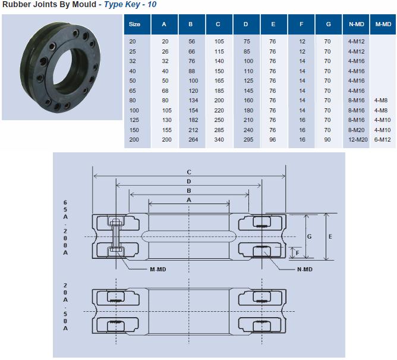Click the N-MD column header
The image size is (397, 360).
click(356, 24)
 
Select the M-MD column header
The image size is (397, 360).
click(383, 24)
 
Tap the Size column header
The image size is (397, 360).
click(134, 24)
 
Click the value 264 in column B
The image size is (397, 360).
click(193, 140)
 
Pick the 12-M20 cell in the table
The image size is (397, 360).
click(358, 140)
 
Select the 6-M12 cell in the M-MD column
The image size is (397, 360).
click(383, 140)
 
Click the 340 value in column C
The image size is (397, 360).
click(219, 140)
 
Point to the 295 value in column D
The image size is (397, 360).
click(248, 140)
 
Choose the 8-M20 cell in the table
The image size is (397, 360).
click(356, 130)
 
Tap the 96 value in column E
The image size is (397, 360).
click(272, 140)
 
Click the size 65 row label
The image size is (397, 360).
click(133, 91)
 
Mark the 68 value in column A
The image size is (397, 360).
click(165, 91)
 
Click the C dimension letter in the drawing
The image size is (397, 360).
click(189, 172)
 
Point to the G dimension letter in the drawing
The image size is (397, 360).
click(309, 237)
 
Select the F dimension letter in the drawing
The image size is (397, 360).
click(298, 253)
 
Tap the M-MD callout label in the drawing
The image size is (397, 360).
click(158, 269)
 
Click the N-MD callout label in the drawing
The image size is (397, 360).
click(305, 269)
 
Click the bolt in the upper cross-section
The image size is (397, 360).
click(116, 235)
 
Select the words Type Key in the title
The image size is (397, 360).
click(122, 4)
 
